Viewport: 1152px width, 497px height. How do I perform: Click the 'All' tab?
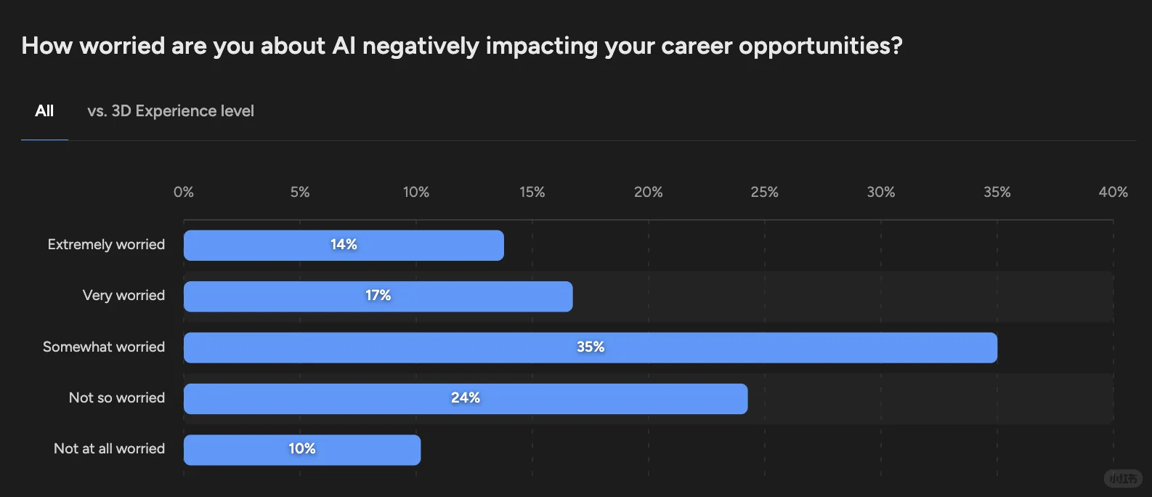click(44, 111)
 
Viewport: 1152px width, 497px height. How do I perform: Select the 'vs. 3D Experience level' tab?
click(171, 111)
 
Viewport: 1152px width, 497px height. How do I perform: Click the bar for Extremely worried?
click(344, 246)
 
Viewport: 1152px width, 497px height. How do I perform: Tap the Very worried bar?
click(378, 296)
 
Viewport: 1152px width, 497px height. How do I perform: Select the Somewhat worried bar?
click(591, 348)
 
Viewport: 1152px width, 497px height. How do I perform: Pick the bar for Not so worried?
click(466, 399)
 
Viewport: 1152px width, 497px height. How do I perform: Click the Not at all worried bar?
click(302, 450)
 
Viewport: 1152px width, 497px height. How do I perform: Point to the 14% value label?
click(344, 244)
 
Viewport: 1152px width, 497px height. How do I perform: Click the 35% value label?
click(591, 347)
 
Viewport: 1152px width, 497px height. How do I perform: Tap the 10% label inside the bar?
click(302, 448)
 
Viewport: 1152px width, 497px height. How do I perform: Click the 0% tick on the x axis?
click(184, 193)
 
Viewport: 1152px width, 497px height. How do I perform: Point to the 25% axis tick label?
click(764, 193)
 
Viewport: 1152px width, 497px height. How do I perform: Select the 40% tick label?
click(1114, 193)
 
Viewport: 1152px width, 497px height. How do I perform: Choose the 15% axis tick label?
click(532, 193)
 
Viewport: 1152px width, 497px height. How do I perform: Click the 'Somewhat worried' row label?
click(104, 347)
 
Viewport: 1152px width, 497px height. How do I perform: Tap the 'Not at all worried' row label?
click(110, 448)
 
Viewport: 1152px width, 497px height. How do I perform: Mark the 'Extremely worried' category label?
click(107, 244)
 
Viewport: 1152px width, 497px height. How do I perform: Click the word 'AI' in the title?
click(344, 46)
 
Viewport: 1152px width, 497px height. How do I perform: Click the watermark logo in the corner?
click(1123, 479)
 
